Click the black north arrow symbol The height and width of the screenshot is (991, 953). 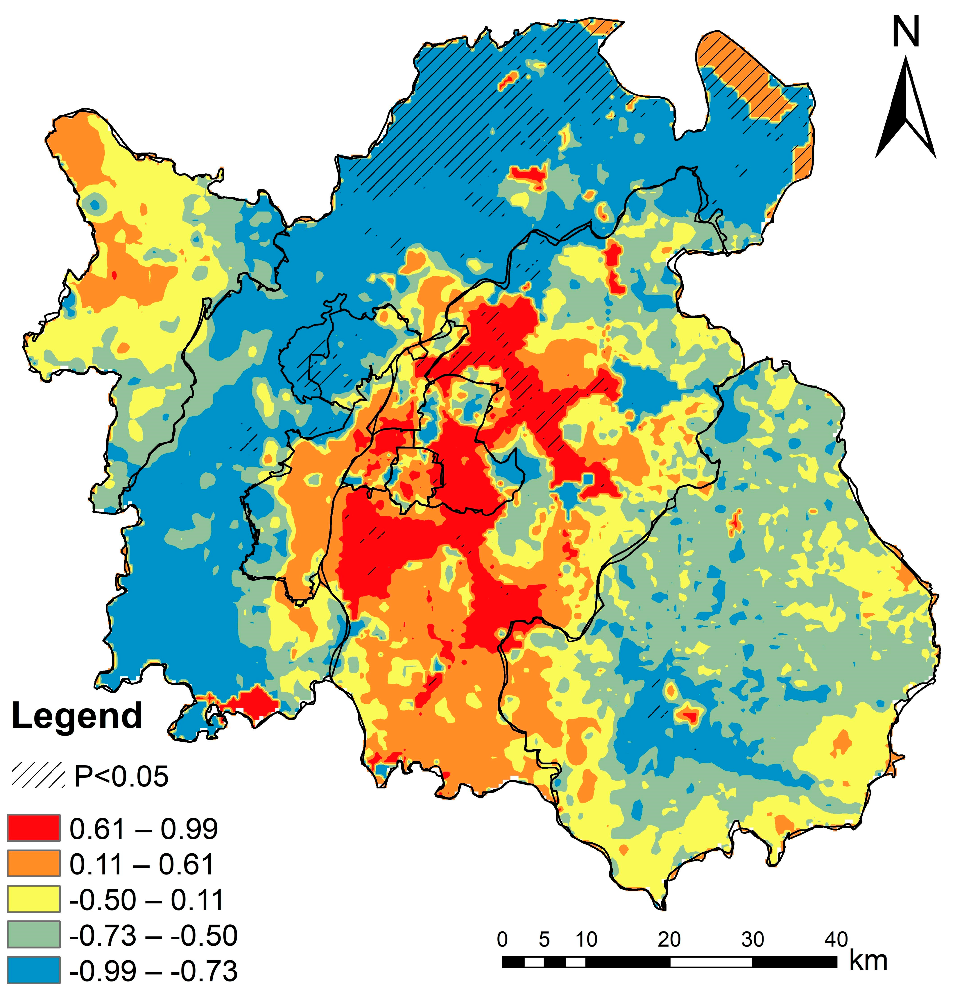905,109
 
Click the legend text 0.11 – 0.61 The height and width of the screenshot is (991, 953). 142,864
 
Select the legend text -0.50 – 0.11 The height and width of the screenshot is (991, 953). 147,899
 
